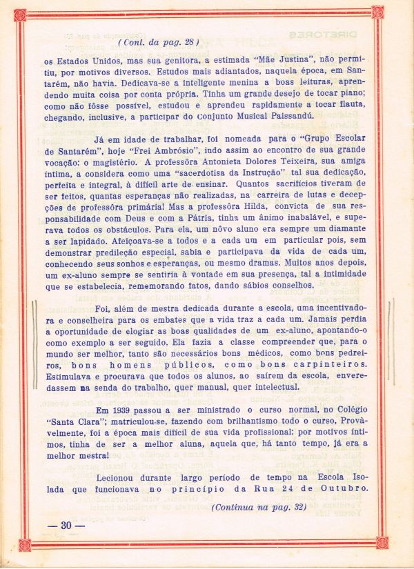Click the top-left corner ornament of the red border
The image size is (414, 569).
(20, 14)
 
